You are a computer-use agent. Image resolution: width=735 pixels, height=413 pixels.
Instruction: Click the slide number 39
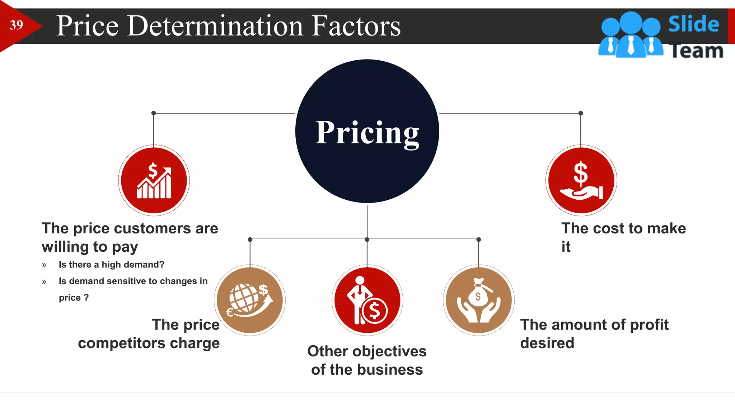click(16, 25)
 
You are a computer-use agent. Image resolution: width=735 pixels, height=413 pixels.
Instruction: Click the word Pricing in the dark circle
click(367, 133)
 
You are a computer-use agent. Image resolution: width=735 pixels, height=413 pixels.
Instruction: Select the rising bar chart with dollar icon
click(154, 180)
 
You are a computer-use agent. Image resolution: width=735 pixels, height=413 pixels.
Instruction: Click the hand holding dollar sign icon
click(581, 180)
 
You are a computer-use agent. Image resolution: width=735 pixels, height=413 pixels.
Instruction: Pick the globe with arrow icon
click(250, 300)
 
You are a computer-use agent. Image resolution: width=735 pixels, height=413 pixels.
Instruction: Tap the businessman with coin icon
click(367, 300)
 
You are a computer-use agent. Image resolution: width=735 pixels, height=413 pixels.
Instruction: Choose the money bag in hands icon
click(479, 300)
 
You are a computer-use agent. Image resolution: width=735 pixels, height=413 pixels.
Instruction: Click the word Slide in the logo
click(693, 24)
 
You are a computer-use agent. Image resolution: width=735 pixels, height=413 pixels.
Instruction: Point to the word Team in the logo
click(696, 51)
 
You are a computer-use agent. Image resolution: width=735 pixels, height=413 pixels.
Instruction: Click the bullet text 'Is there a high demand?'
click(111, 265)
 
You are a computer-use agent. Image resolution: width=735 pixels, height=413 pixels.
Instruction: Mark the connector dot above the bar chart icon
click(154, 113)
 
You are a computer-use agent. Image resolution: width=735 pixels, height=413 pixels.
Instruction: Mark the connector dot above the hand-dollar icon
click(581, 113)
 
